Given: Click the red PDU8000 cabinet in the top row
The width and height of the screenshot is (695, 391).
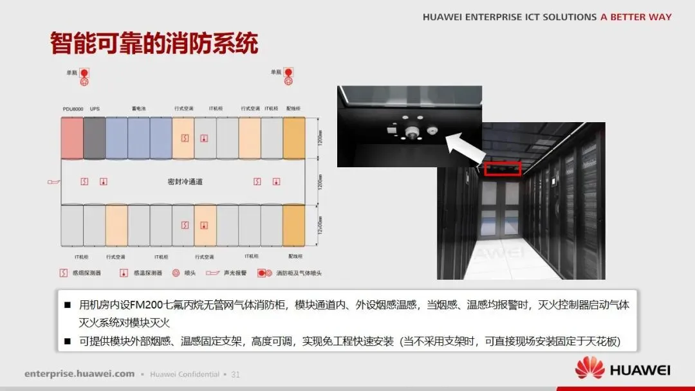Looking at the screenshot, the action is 72,138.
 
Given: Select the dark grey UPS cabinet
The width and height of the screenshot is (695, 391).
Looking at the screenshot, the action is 94,138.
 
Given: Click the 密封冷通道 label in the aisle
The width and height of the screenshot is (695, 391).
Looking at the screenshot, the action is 185,182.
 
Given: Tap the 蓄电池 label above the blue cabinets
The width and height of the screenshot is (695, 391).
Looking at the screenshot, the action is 139,109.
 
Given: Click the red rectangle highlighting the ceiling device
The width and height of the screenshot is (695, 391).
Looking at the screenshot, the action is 503,168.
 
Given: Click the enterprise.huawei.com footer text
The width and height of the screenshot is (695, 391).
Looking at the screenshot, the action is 80,374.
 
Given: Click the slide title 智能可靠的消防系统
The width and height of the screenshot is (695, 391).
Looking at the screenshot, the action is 154,44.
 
